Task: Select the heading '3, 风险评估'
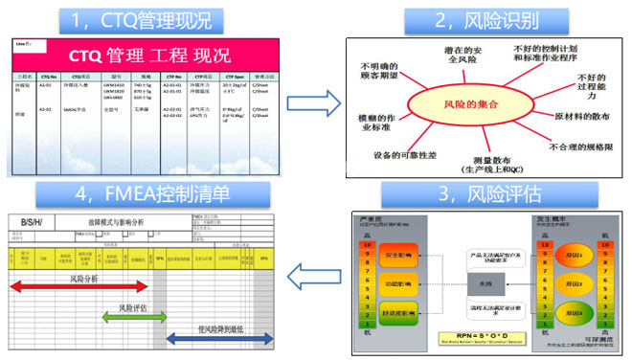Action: click(x=474, y=194)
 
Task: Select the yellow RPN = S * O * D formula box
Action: click(x=485, y=341)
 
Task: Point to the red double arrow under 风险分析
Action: click(x=79, y=286)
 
